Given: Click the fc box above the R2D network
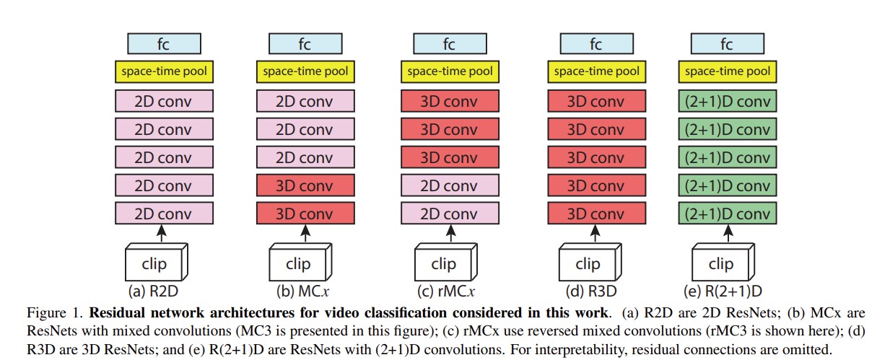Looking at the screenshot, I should pyautogui.click(x=164, y=45).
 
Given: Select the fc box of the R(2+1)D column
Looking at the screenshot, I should pyautogui.click(x=727, y=45).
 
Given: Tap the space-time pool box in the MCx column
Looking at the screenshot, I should pyautogui.click(x=305, y=71).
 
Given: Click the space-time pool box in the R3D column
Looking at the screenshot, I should pyautogui.click(x=595, y=71).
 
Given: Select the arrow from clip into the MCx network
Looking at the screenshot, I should pyautogui.click(x=305, y=234).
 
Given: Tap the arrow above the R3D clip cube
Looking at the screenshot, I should pyautogui.click(x=595, y=234).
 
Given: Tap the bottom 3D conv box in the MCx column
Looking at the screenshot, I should pyautogui.click(x=305, y=214).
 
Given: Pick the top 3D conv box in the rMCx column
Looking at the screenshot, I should pyautogui.click(x=449, y=101).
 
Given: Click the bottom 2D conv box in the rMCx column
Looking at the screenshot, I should pyautogui.click(x=449, y=214).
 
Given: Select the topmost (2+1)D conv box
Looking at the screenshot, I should pyautogui.click(x=727, y=101).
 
